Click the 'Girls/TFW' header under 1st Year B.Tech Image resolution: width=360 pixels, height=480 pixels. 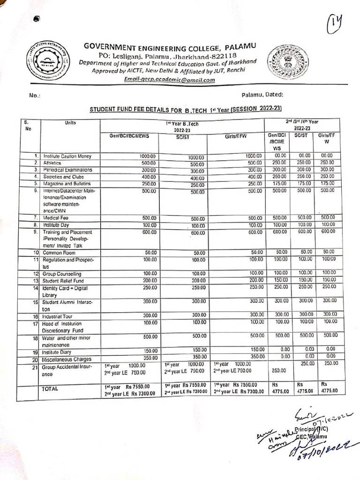tap(236, 136)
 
